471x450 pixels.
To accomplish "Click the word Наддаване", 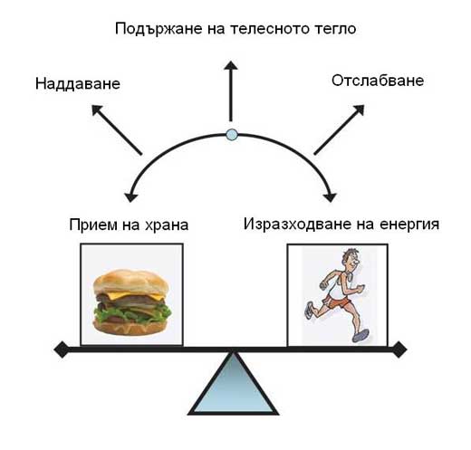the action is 78,83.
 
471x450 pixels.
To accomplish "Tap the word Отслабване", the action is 378,81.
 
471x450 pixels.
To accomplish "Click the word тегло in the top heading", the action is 336,29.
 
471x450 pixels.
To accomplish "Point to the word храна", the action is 167,225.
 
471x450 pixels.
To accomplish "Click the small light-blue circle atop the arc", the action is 232,134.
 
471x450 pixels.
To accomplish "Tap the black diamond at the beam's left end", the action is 62,349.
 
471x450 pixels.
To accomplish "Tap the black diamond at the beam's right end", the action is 399,349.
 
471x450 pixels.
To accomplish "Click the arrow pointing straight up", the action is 231,91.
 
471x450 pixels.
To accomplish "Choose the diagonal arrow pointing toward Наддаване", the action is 117,129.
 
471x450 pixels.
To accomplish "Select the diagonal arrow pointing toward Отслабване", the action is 339,129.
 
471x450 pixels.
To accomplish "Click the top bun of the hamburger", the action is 131,282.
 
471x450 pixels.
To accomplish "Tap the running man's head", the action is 350,260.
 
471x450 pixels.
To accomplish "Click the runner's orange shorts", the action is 336,301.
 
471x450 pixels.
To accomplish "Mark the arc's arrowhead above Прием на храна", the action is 130,196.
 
